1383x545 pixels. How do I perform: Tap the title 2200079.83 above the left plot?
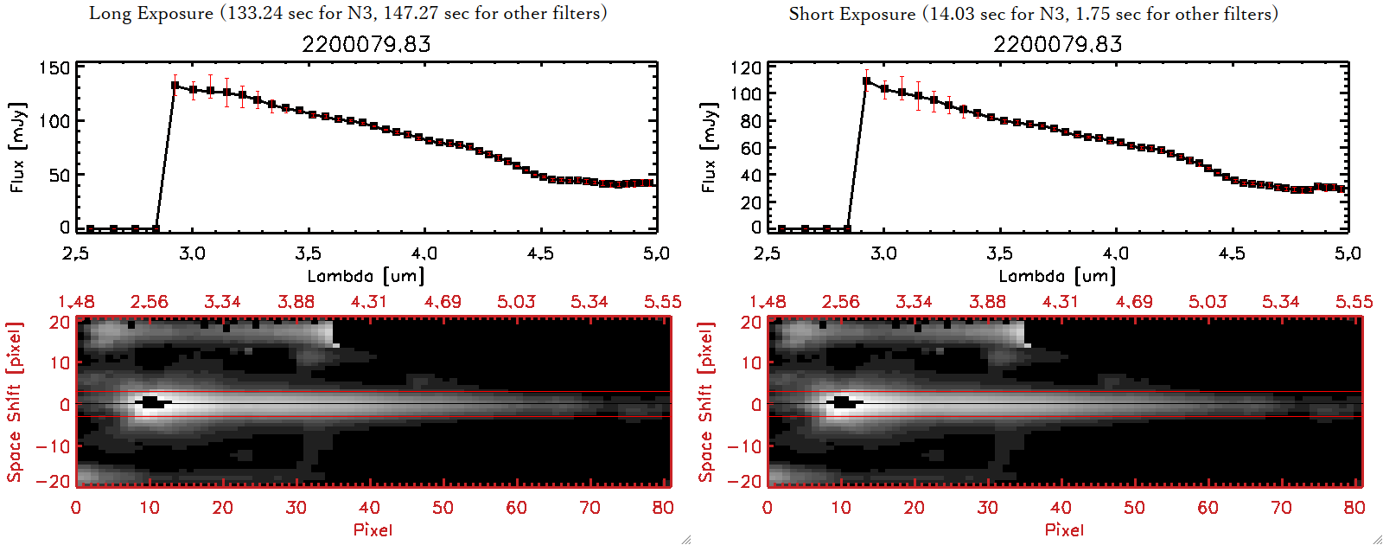coord(366,44)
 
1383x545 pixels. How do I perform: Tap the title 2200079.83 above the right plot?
coord(1057,44)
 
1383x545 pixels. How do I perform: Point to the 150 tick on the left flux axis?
coord(54,68)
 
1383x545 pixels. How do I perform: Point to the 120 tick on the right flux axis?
coord(745,68)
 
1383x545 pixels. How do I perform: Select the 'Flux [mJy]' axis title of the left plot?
coord(18,147)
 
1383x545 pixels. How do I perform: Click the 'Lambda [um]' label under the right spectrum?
coord(1057,276)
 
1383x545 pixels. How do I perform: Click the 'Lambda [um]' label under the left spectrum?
coord(366,276)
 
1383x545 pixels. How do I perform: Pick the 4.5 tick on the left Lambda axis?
coord(540,253)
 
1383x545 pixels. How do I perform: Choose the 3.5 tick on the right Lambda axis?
coord(999,253)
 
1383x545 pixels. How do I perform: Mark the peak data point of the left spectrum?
coord(175,86)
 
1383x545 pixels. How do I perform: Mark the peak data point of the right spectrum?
coord(866,81)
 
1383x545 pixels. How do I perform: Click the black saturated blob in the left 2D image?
coord(152,402)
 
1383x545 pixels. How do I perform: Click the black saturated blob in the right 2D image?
coord(844,402)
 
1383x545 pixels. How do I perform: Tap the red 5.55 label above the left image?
coord(662,302)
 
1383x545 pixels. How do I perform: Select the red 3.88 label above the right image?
coord(987,302)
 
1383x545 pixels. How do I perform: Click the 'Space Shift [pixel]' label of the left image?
coord(14,401)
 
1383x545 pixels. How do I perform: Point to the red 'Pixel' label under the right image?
coord(1064,529)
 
